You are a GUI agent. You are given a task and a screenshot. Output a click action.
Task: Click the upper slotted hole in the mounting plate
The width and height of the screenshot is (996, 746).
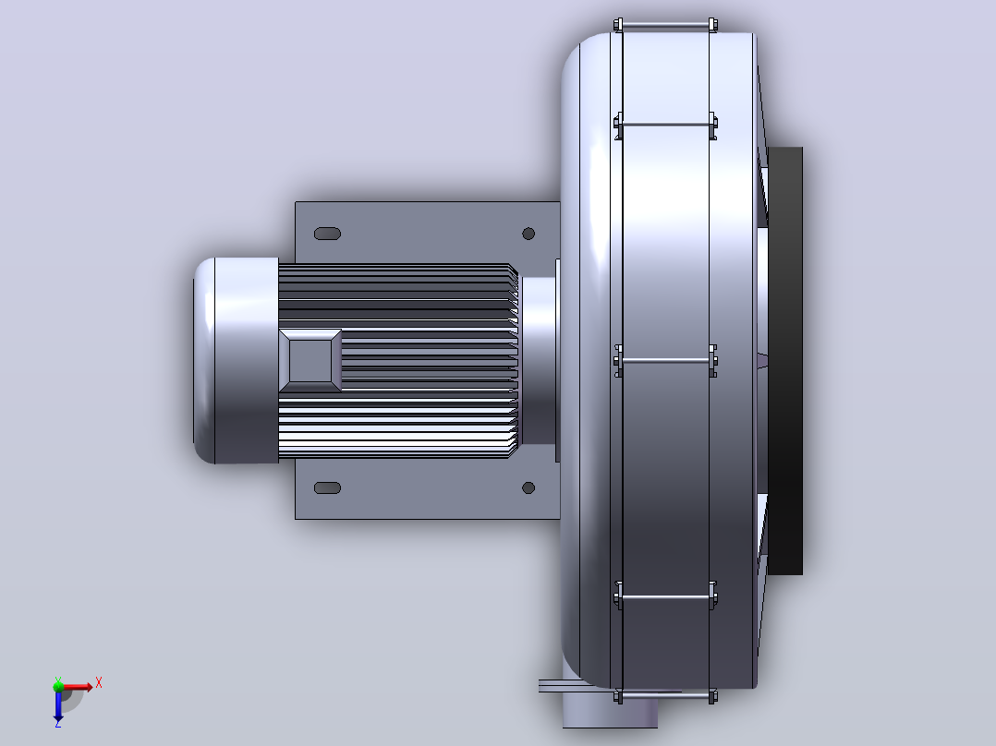pos(328,234)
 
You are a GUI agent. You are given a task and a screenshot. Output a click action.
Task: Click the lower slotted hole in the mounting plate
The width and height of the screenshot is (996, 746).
pos(328,487)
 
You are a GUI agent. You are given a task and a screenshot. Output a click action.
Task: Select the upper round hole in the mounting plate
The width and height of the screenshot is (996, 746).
pos(528,234)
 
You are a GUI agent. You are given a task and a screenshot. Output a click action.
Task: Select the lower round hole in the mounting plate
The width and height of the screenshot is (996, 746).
pos(528,487)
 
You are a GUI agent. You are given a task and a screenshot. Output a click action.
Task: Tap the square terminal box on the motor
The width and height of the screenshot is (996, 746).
pos(310,360)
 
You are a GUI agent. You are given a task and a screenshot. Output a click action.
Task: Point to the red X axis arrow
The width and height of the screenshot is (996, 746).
pos(76,687)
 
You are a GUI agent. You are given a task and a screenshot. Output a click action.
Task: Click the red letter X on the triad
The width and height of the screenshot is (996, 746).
pos(99,683)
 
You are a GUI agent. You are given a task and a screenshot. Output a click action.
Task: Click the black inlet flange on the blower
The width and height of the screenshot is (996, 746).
pos(785,361)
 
